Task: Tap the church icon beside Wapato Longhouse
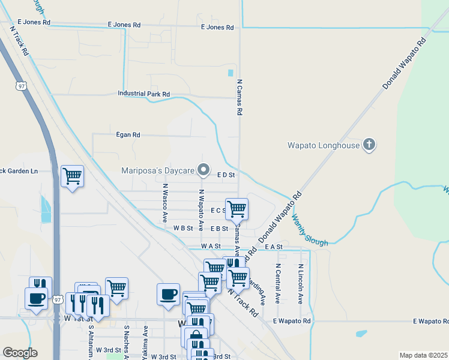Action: [x=369, y=145]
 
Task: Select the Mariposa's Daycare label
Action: [x=158, y=170]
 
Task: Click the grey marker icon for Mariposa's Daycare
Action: [x=203, y=170]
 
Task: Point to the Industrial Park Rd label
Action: [x=144, y=94]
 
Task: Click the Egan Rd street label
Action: [x=128, y=135]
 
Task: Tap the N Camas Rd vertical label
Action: [x=239, y=97]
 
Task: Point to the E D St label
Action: [x=225, y=175]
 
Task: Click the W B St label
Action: [x=183, y=229]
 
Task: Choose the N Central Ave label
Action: [x=278, y=283]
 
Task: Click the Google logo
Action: [x=20, y=353]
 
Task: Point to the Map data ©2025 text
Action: [x=423, y=355]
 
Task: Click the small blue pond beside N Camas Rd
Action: [x=231, y=73]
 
